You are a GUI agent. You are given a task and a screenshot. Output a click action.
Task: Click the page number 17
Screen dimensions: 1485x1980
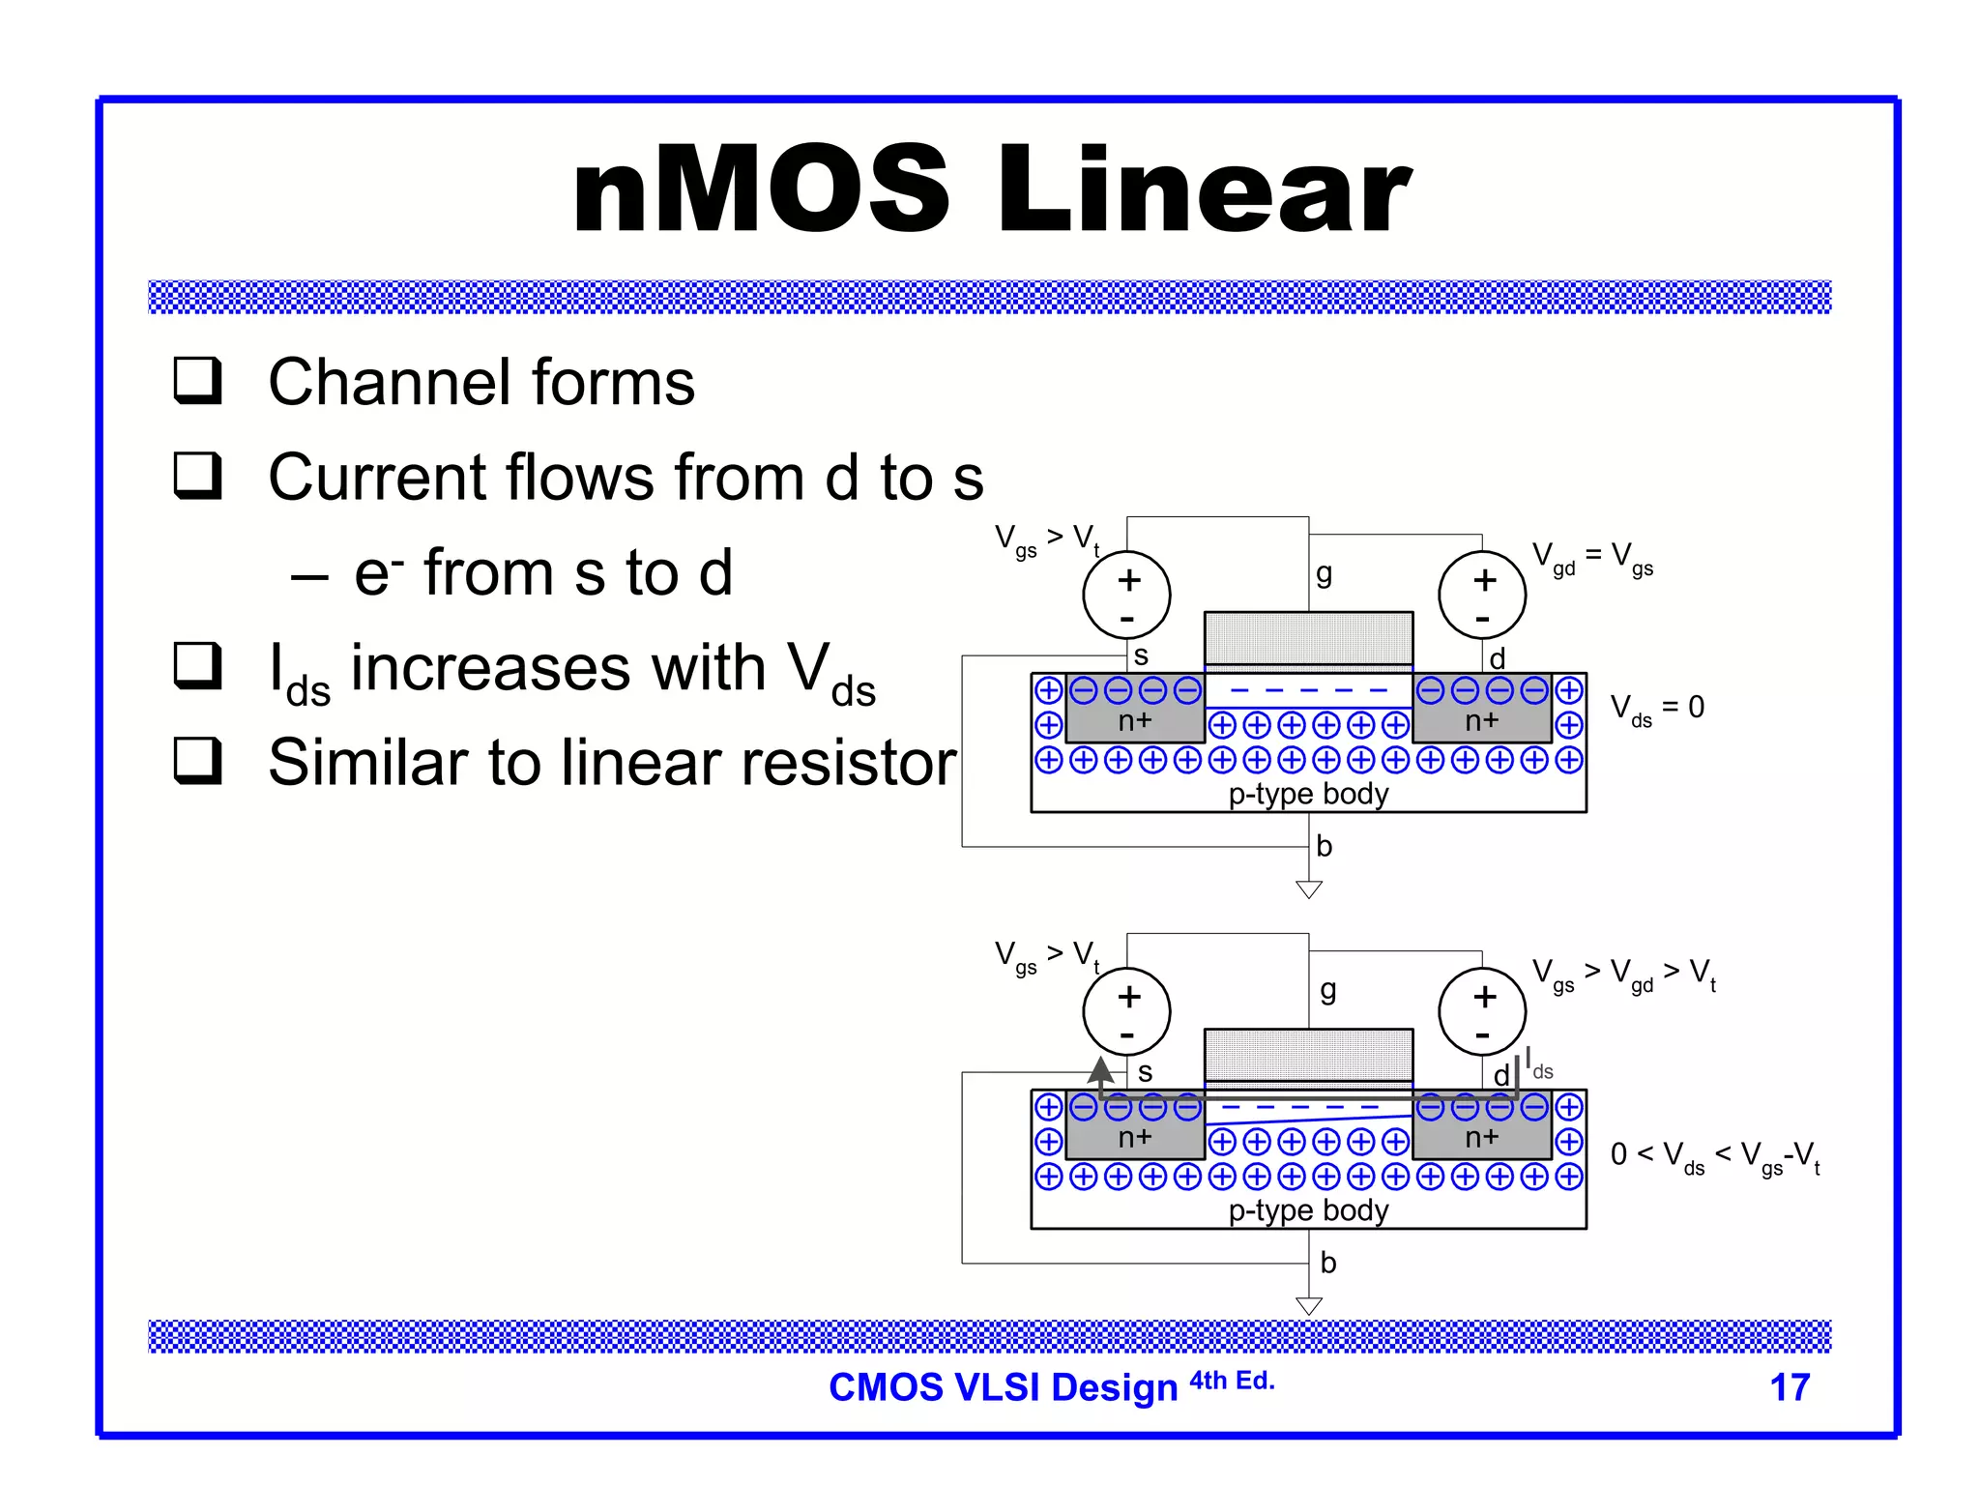point(1789,1387)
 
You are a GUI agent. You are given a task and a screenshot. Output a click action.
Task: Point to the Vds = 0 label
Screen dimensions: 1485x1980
point(1657,709)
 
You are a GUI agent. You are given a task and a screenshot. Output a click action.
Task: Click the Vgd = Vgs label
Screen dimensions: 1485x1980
point(1592,558)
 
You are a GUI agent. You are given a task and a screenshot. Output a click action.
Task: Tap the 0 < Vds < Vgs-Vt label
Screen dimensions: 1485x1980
point(1715,1156)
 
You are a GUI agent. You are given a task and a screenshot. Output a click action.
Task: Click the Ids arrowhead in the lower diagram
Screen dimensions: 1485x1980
point(1100,1069)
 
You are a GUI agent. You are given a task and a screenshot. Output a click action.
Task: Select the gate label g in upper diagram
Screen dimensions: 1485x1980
point(1324,574)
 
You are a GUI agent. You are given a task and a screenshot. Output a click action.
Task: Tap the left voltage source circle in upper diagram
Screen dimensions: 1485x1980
point(1126,595)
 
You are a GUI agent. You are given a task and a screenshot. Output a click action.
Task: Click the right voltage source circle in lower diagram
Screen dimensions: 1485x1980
point(1482,1011)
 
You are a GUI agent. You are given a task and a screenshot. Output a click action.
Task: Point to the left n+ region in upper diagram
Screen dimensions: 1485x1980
point(1135,721)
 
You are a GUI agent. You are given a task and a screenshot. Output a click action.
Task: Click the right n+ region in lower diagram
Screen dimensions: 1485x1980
point(1481,1138)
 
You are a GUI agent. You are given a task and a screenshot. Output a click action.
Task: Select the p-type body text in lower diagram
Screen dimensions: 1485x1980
point(1308,1210)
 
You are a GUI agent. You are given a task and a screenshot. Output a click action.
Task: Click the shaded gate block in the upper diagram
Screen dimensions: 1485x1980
point(1308,638)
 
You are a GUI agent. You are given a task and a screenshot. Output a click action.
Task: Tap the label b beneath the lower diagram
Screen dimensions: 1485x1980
point(1328,1263)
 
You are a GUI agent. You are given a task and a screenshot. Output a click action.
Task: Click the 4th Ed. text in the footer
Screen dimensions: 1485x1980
point(1232,1381)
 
